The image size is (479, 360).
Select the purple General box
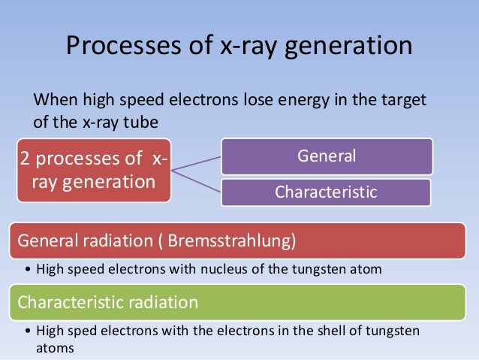(x=326, y=156)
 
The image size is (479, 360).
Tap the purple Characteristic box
(x=326, y=192)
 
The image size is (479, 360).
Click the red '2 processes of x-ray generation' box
(x=95, y=170)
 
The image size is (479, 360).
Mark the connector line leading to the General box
(x=197, y=164)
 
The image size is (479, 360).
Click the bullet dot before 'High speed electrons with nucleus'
(x=28, y=269)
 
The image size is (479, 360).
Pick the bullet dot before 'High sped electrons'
(x=28, y=331)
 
